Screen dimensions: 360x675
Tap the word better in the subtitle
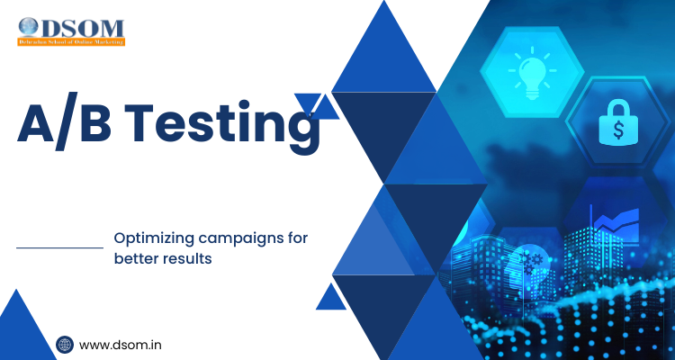pyautogui.click(x=136, y=258)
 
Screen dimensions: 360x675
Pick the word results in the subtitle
pyautogui.click(x=192, y=258)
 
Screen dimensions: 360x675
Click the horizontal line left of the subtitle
pyautogui.click(x=60, y=247)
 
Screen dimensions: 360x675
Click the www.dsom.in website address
pyautogui.click(x=121, y=344)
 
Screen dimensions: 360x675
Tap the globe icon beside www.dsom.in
pyautogui.click(x=65, y=344)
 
